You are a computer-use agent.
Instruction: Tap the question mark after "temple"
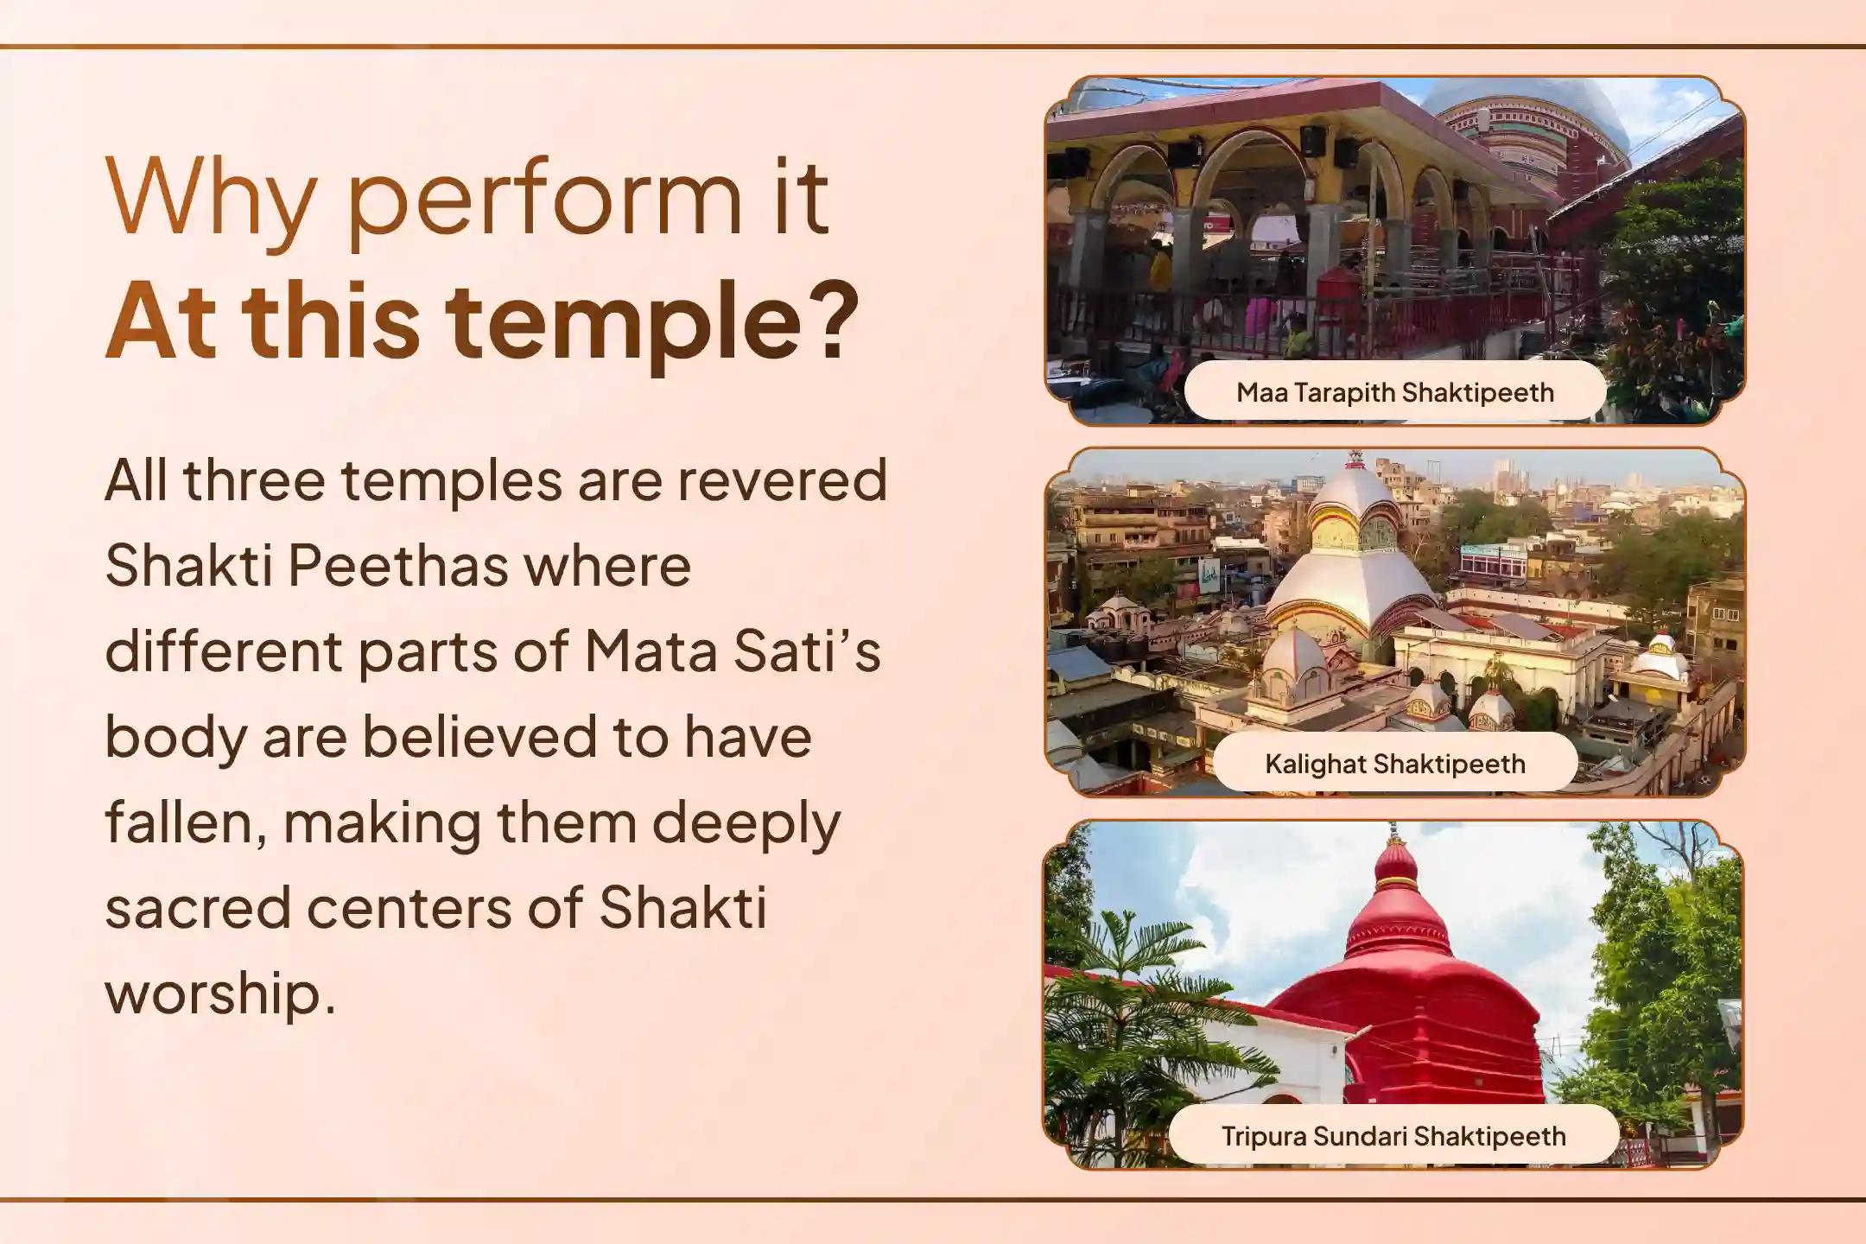835,320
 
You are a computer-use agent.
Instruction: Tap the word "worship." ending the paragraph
220,993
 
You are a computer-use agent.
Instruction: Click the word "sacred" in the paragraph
198,908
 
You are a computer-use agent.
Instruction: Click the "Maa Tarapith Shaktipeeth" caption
1394,392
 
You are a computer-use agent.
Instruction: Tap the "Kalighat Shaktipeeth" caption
1394,764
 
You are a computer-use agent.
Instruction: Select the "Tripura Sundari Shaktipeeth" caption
1393,1135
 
